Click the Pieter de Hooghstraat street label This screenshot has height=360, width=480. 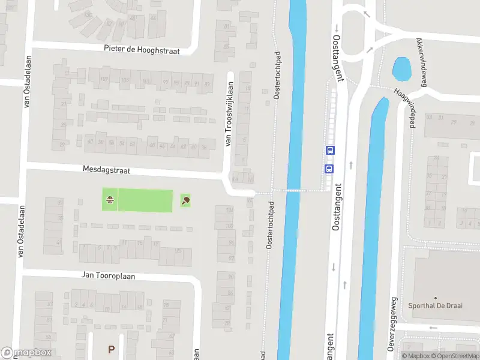(x=142, y=50)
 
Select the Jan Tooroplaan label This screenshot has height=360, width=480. (x=109, y=275)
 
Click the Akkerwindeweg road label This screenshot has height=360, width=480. (x=420, y=63)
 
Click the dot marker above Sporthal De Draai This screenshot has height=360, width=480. (x=436, y=298)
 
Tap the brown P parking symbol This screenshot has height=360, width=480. (x=110, y=349)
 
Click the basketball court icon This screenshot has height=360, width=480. (x=110, y=200)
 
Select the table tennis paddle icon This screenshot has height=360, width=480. (x=185, y=200)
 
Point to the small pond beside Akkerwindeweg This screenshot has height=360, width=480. (x=401, y=69)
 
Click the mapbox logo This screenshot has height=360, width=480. (x=26, y=353)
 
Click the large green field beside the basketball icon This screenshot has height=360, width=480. (x=146, y=200)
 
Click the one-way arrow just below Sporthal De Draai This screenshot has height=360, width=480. (x=434, y=328)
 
